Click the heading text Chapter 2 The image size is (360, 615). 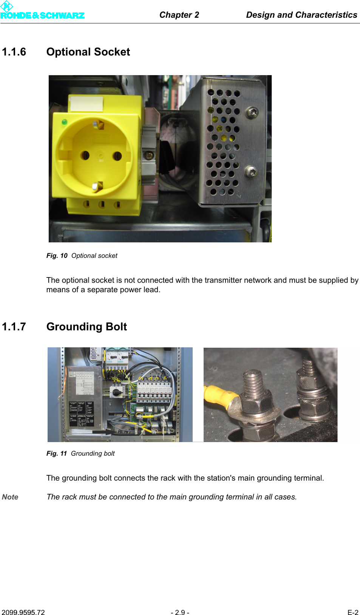(179, 15)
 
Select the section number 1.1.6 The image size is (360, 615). (14, 52)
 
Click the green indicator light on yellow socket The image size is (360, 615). (64, 122)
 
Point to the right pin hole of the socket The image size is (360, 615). (117, 156)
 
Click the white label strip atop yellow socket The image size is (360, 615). (87, 103)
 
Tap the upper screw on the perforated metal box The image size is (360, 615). (252, 112)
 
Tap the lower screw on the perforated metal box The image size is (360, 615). (251, 171)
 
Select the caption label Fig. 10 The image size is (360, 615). (57, 256)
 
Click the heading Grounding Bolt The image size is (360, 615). (87, 327)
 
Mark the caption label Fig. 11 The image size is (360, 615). (56, 454)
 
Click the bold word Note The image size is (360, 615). (10, 497)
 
